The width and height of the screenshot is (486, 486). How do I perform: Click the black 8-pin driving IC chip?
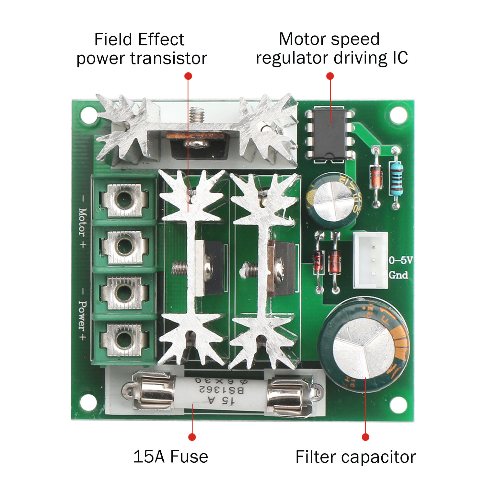330,134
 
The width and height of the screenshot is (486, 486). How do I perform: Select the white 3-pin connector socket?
370,260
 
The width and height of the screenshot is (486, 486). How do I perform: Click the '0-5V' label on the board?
400,260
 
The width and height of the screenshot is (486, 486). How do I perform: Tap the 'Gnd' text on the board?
398,275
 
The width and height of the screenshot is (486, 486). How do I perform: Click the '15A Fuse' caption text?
170,457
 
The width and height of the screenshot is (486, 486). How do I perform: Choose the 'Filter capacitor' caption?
355,457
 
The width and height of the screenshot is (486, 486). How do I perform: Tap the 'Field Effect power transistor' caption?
141,49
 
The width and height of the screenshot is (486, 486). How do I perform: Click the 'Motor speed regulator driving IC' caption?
331,49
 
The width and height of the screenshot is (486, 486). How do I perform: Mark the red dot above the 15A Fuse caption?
192,437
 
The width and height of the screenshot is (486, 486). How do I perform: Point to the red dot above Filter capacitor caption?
365,437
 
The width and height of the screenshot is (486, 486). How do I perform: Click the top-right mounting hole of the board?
398,115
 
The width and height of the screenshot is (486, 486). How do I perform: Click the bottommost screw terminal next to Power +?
124,340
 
